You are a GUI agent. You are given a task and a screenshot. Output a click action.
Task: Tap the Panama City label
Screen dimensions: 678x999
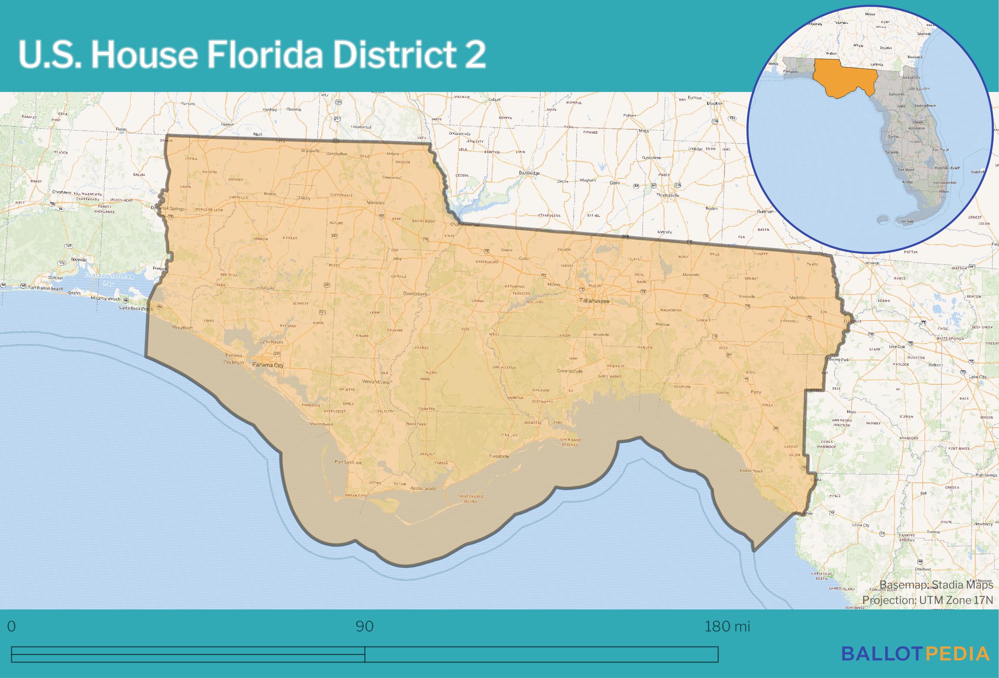[x=268, y=365]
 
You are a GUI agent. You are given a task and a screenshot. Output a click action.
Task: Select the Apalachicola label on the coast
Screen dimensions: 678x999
[x=423, y=488]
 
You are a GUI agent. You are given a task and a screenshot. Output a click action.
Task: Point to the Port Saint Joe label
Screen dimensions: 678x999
[x=348, y=462]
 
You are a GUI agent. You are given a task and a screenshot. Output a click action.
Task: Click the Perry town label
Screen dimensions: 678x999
[x=756, y=392]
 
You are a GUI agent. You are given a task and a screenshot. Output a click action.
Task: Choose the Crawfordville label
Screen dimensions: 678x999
[x=570, y=371]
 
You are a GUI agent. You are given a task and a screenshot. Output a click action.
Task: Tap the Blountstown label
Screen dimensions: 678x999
[x=415, y=294]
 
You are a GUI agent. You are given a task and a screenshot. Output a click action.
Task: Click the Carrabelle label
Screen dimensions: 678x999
[x=501, y=456]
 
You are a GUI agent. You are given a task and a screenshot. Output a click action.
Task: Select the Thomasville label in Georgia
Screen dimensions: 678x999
[x=667, y=195]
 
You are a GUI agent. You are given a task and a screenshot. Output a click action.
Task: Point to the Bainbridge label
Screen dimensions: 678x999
[x=529, y=173]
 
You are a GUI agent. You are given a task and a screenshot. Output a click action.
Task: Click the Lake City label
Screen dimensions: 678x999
[x=977, y=377]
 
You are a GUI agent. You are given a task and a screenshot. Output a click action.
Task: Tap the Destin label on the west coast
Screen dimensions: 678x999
[x=74, y=293]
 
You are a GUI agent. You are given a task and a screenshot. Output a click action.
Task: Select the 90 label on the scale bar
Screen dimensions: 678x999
[x=365, y=626]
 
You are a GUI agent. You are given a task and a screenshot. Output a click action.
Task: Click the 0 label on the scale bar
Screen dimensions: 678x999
[x=12, y=626]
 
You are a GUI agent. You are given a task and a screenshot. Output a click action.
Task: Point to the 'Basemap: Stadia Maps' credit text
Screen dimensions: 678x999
[x=936, y=585]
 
